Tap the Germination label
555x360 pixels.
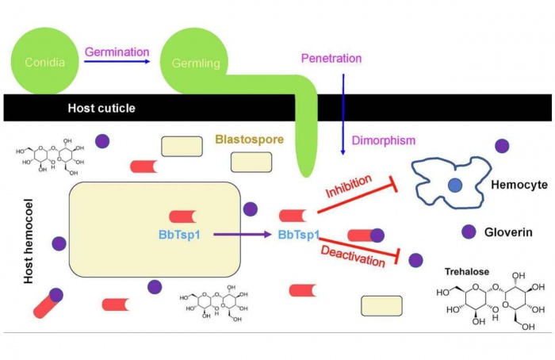pos(117,52)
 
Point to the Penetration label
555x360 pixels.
pos(331,58)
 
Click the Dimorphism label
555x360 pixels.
pos(385,140)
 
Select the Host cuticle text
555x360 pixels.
pos(101,107)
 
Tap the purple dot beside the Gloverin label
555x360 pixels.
pos(469,232)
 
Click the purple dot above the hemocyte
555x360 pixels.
pos(501,146)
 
